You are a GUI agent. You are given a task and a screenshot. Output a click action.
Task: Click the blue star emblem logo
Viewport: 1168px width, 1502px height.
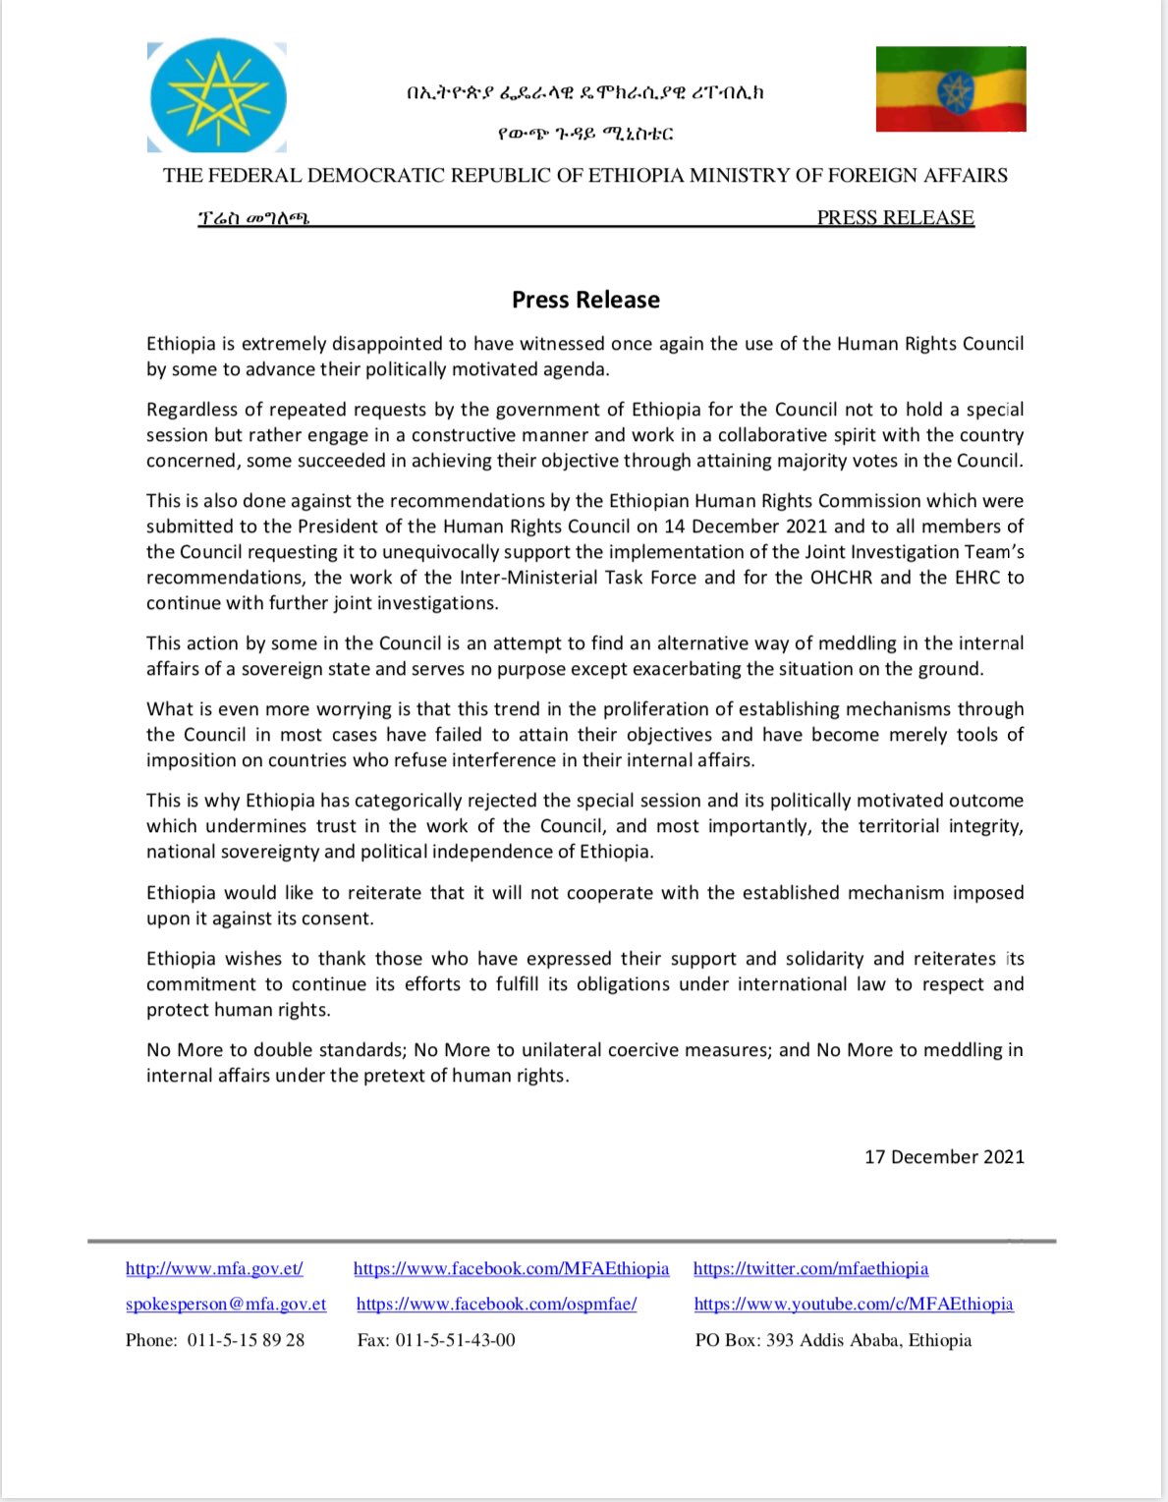click(217, 96)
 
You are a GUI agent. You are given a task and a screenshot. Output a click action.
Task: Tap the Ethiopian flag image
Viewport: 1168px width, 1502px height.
click(951, 89)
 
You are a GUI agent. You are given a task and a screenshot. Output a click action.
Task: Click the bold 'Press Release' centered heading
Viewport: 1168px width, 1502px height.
click(585, 301)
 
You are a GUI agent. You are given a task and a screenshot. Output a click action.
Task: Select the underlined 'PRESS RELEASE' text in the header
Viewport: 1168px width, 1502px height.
click(895, 218)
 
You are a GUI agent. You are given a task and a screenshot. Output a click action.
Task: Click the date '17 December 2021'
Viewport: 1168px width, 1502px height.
click(944, 1157)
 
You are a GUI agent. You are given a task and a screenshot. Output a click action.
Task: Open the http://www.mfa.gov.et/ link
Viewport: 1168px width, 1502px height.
click(214, 1268)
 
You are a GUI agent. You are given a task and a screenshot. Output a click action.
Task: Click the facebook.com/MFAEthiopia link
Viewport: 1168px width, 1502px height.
click(511, 1268)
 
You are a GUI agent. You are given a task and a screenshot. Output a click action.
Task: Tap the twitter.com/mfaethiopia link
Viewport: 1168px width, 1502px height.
click(810, 1268)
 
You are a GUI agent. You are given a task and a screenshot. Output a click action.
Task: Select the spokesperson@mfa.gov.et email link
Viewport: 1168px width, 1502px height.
click(226, 1304)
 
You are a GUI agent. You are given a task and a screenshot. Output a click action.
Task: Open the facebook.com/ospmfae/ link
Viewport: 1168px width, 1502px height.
click(496, 1304)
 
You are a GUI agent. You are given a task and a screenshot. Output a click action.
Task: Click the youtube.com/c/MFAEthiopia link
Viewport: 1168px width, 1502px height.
click(854, 1304)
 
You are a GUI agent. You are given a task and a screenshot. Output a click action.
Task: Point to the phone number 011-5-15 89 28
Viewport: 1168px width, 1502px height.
click(246, 1340)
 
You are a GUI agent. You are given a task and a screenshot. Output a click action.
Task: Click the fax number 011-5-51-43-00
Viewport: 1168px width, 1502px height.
click(455, 1340)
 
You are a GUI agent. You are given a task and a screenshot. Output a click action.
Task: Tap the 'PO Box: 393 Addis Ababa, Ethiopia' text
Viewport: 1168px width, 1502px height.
click(833, 1340)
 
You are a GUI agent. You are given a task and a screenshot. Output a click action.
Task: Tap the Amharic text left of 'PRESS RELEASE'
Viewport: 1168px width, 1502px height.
click(253, 218)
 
